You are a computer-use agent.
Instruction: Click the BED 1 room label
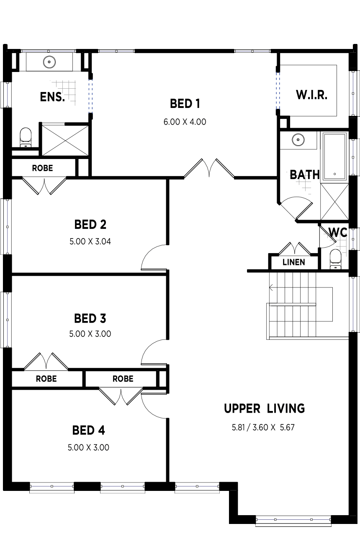(x=185, y=104)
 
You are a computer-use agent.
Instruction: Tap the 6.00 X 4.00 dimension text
(x=185, y=122)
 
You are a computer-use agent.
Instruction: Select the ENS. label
(x=52, y=97)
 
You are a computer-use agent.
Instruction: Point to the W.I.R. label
(x=312, y=95)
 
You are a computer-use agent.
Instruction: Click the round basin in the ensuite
(x=49, y=62)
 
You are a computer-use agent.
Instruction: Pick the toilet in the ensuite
(x=26, y=137)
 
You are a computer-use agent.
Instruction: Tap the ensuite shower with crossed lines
(x=65, y=140)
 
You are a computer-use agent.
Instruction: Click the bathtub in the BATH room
(x=334, y=157)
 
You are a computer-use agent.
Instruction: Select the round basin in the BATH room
(x=298, y=139)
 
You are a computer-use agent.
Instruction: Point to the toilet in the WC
(x=335, y=259)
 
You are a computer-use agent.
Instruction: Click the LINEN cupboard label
(x=294, y=262)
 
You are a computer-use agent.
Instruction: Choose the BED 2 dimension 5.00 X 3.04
(x=90, y=241)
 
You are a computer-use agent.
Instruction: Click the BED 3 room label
(x=90, y=318)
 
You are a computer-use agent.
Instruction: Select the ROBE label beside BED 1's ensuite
(x=42, y=168)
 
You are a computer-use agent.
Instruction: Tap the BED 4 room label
(x=89, y=431)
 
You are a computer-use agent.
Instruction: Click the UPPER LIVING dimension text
(x=263, y=427)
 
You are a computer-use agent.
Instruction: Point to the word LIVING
(x=286, y=408)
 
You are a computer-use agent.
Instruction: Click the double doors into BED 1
(x=209, y=168)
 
